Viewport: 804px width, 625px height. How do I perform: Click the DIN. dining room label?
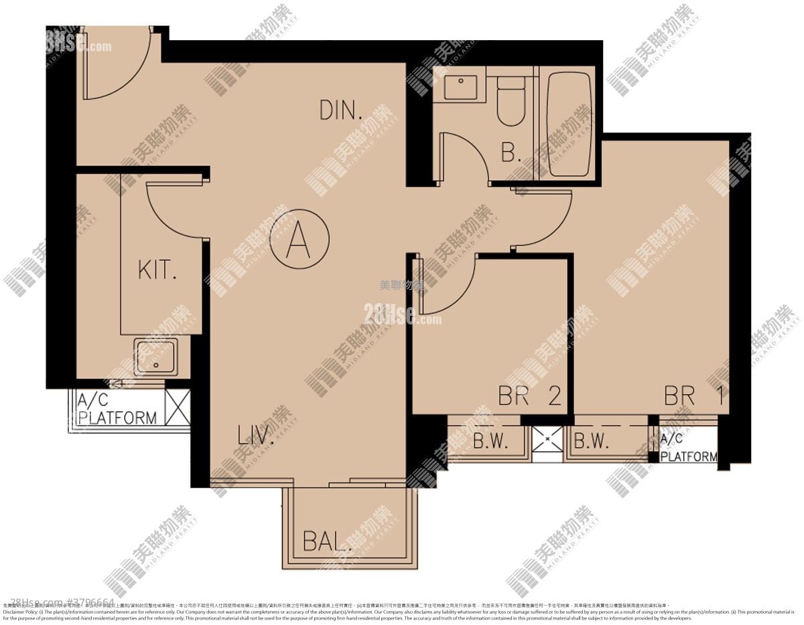click(x=341, y=110)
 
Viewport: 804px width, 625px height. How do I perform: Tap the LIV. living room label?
click(x=256, y=436)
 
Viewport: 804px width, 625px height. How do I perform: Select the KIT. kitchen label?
click(x=157, y=270)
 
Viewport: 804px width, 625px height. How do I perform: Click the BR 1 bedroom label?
click(x=693, y=395)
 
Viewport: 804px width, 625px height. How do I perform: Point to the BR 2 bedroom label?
click(x=529, y=395)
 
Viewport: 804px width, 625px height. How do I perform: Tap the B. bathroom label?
click(x=511, y=154)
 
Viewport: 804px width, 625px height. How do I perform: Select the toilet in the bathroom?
click(x=511, y=100)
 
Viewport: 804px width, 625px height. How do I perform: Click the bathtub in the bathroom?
click(x=569, y=124)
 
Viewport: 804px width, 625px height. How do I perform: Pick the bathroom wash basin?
click(x=460, y=88)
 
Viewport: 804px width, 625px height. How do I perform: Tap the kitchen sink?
click(x=155, y=355)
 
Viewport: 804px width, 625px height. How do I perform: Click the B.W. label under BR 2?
click(x=490, y=442)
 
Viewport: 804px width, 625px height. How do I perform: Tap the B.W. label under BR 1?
click(x=591, y=442)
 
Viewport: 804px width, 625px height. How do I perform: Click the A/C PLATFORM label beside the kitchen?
click(x=117, y=410)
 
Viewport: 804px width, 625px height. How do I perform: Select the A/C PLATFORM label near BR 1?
click(x=688, y=448)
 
